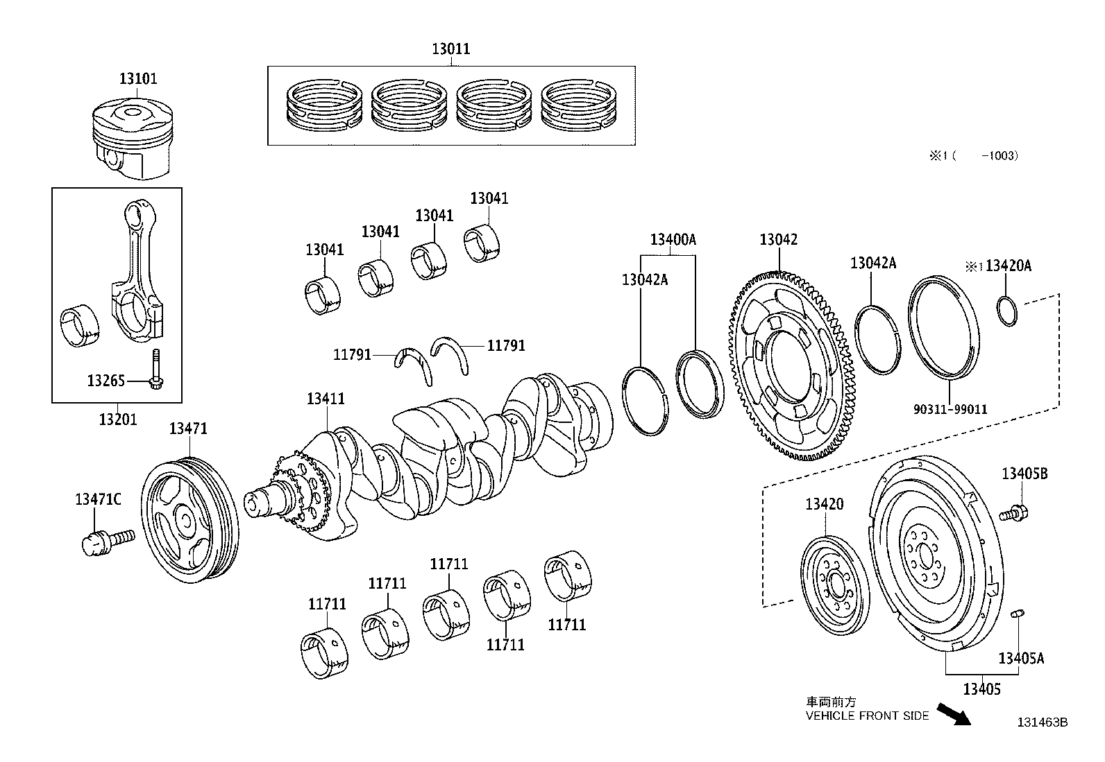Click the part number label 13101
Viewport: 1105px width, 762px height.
(138, 79)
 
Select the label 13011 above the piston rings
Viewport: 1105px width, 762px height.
(450, 49)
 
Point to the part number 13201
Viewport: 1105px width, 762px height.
(117, 419)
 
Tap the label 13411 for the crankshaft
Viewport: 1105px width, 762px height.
(326, 399)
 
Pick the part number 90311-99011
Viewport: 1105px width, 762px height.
(950, 410)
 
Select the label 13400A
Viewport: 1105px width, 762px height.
(673, 240)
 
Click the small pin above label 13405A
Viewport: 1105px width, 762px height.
(1018, 613)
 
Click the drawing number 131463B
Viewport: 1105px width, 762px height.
(1042, 722)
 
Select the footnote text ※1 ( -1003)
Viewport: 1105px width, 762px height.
(974, 156)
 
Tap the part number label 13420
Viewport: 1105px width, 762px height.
(825, 504)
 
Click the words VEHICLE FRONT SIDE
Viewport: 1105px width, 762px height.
(866, 716)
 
